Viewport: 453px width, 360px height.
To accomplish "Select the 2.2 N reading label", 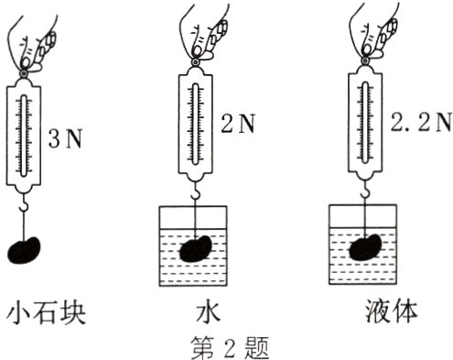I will [425, 123].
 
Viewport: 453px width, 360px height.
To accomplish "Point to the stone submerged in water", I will [194, 249].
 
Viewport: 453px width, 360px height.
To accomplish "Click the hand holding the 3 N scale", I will [37, 37].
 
